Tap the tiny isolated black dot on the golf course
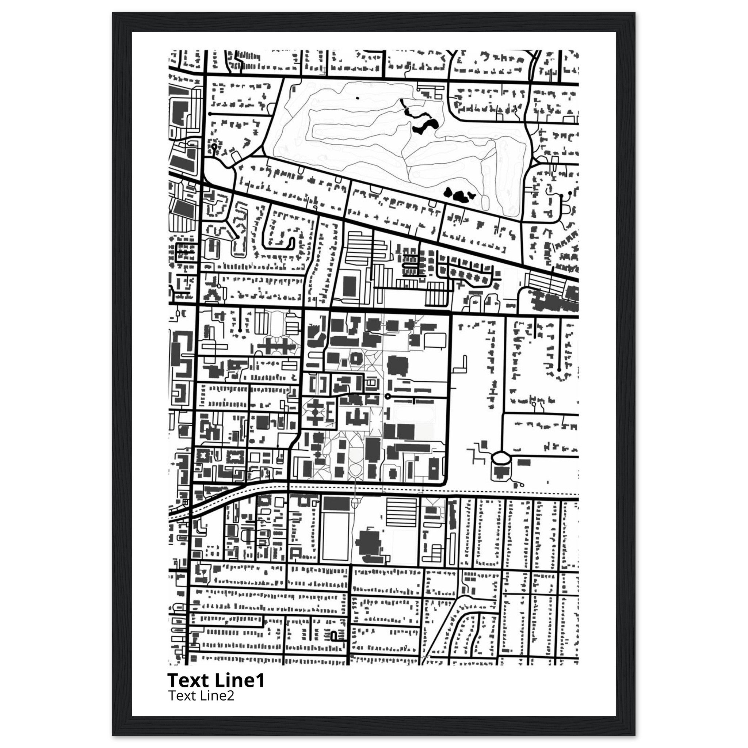[x=357, y=98]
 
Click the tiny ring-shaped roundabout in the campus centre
[x=387, y=396]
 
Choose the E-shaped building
[x=330, y=414]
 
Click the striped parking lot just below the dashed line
[x=402, y=511]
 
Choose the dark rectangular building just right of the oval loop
[x=524, y=462]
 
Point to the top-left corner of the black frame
[x=113, y=13]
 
